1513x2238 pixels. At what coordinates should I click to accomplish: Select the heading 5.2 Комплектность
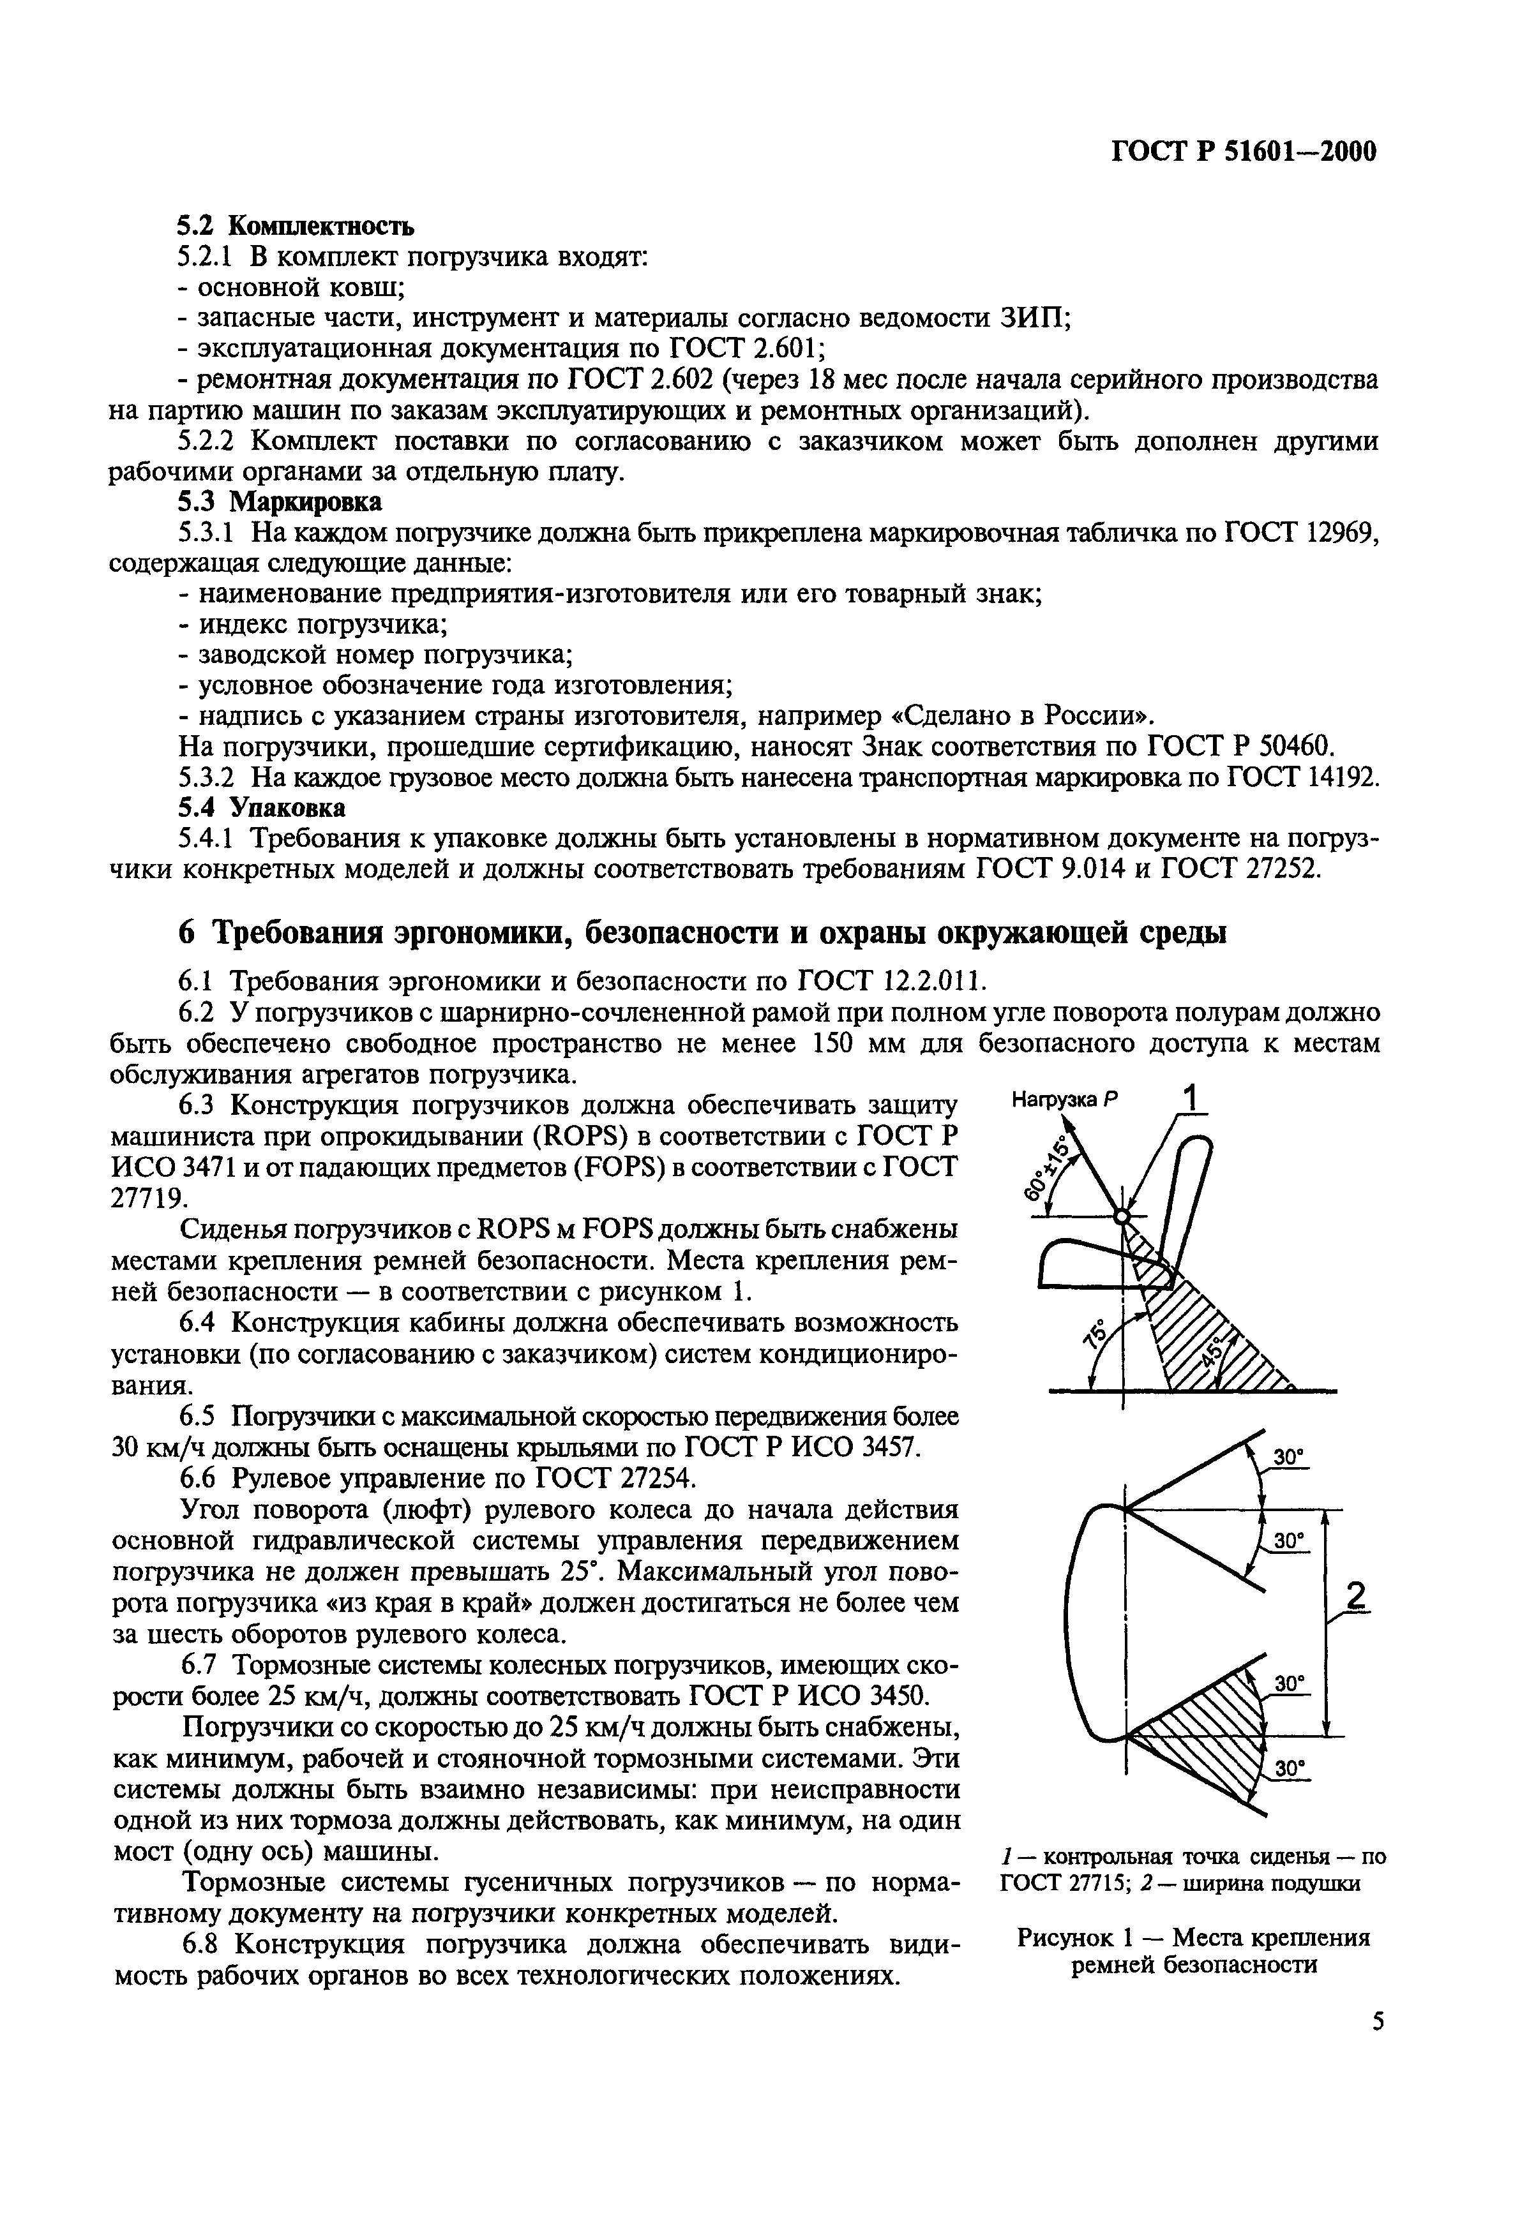(296, 227)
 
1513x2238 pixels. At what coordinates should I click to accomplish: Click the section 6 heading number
(188, 933)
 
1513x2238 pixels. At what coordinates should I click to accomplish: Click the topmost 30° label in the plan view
(1288, 1459)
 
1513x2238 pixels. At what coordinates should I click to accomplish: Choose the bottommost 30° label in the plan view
(1288, 1769)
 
